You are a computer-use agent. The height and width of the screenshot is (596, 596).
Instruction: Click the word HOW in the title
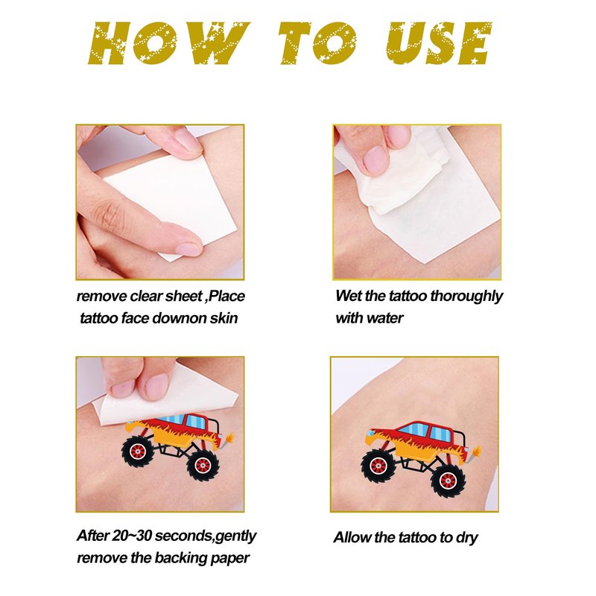169,43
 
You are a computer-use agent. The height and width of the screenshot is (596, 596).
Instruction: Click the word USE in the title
439,43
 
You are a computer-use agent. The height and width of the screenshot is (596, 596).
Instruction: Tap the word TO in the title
318,43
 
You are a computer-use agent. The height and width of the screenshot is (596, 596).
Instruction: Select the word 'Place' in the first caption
227,296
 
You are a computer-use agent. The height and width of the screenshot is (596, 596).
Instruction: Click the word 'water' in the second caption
384,318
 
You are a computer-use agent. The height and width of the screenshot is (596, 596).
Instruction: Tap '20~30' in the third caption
132,536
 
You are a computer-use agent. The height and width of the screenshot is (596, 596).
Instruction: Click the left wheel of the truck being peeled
138,451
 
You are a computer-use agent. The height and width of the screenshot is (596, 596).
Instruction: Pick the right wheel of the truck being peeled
203,465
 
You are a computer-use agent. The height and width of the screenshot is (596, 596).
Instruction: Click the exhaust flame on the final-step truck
477,451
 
